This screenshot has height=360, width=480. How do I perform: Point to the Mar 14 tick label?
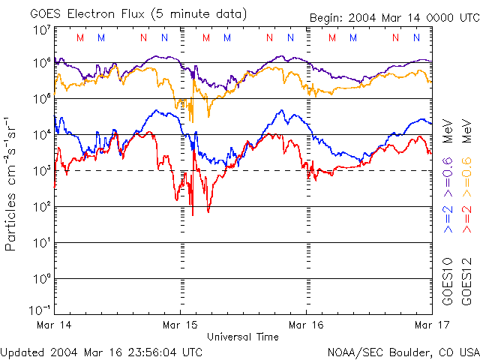54,325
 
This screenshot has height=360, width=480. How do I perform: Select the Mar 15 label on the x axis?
180,325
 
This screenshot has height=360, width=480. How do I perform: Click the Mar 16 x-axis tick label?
306,325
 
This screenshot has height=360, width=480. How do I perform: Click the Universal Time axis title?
243,337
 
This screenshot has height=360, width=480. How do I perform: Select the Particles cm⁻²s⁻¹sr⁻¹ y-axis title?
12,184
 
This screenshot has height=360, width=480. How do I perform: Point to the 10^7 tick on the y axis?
40,29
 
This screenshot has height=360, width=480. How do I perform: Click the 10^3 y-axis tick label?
40,171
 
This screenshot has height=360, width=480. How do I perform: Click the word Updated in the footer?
23,352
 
